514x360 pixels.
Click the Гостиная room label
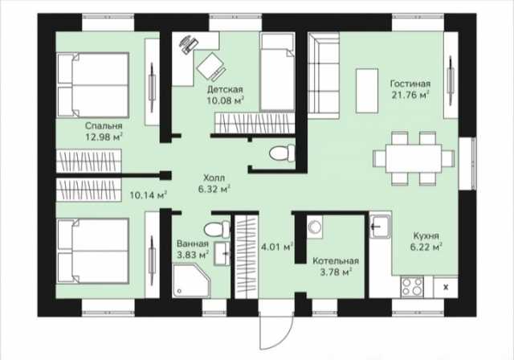tap(410, 84)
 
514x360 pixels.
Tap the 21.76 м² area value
tap(410, 95)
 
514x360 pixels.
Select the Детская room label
tap(225, 89)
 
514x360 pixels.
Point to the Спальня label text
tap(104, 126)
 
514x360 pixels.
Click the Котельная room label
tap(336, 261)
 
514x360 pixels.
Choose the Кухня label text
tap(426, 235)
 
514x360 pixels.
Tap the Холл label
tap(214, 178)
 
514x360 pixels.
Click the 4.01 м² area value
tap(276, 247)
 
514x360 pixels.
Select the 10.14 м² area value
tap(149, 195)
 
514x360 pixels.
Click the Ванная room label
tap(193, 244)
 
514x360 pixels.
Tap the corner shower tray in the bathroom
tap(191, 281)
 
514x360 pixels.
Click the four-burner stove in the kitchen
tap(412, 287)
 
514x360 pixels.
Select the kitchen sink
tap(380, 227)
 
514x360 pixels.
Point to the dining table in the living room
tap(413, 158)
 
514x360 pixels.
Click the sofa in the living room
tap(323, 75)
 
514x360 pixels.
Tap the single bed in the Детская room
tap(277, 72)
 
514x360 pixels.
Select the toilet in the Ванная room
tap(217, 229)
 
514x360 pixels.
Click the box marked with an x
tap(446, 288)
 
